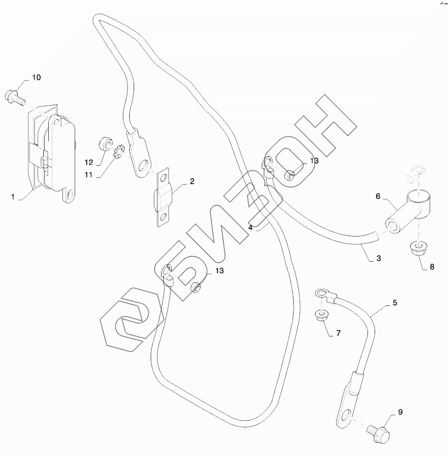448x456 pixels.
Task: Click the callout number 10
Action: (36, 77)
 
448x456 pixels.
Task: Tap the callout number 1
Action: (13, 196)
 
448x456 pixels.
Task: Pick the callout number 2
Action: (192, 181)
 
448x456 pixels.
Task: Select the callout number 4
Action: (251, 228)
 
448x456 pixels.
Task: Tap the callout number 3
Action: (378, 258)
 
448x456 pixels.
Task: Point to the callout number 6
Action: (378, 196)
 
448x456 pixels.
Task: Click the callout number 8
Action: (431, 267)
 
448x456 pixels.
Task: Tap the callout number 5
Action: (395, 302)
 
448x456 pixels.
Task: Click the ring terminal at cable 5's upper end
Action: (321, 294)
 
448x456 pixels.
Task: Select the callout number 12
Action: (89, 162)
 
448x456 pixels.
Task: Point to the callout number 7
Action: (338, 333)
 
